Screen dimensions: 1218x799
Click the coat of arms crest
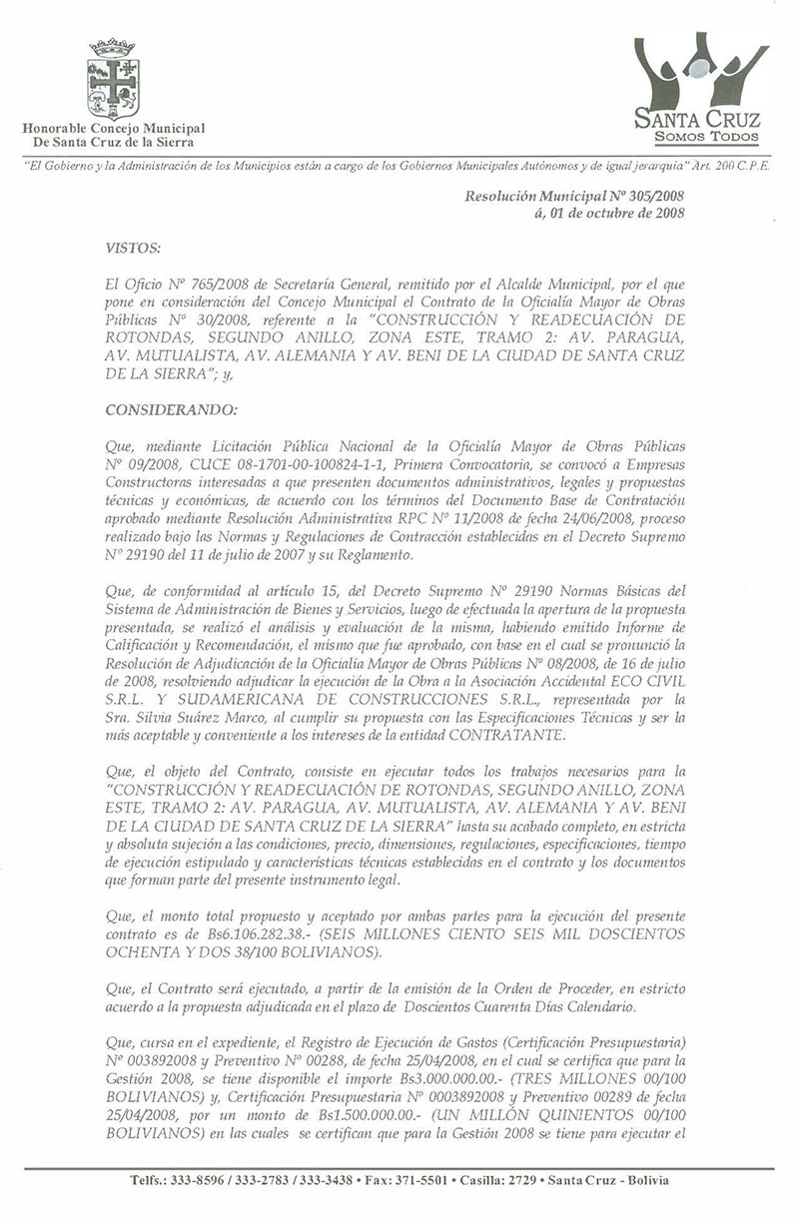tap(113, 79)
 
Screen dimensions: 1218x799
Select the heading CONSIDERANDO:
tap(168, 409)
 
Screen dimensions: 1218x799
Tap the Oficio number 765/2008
tap(193, 285)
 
